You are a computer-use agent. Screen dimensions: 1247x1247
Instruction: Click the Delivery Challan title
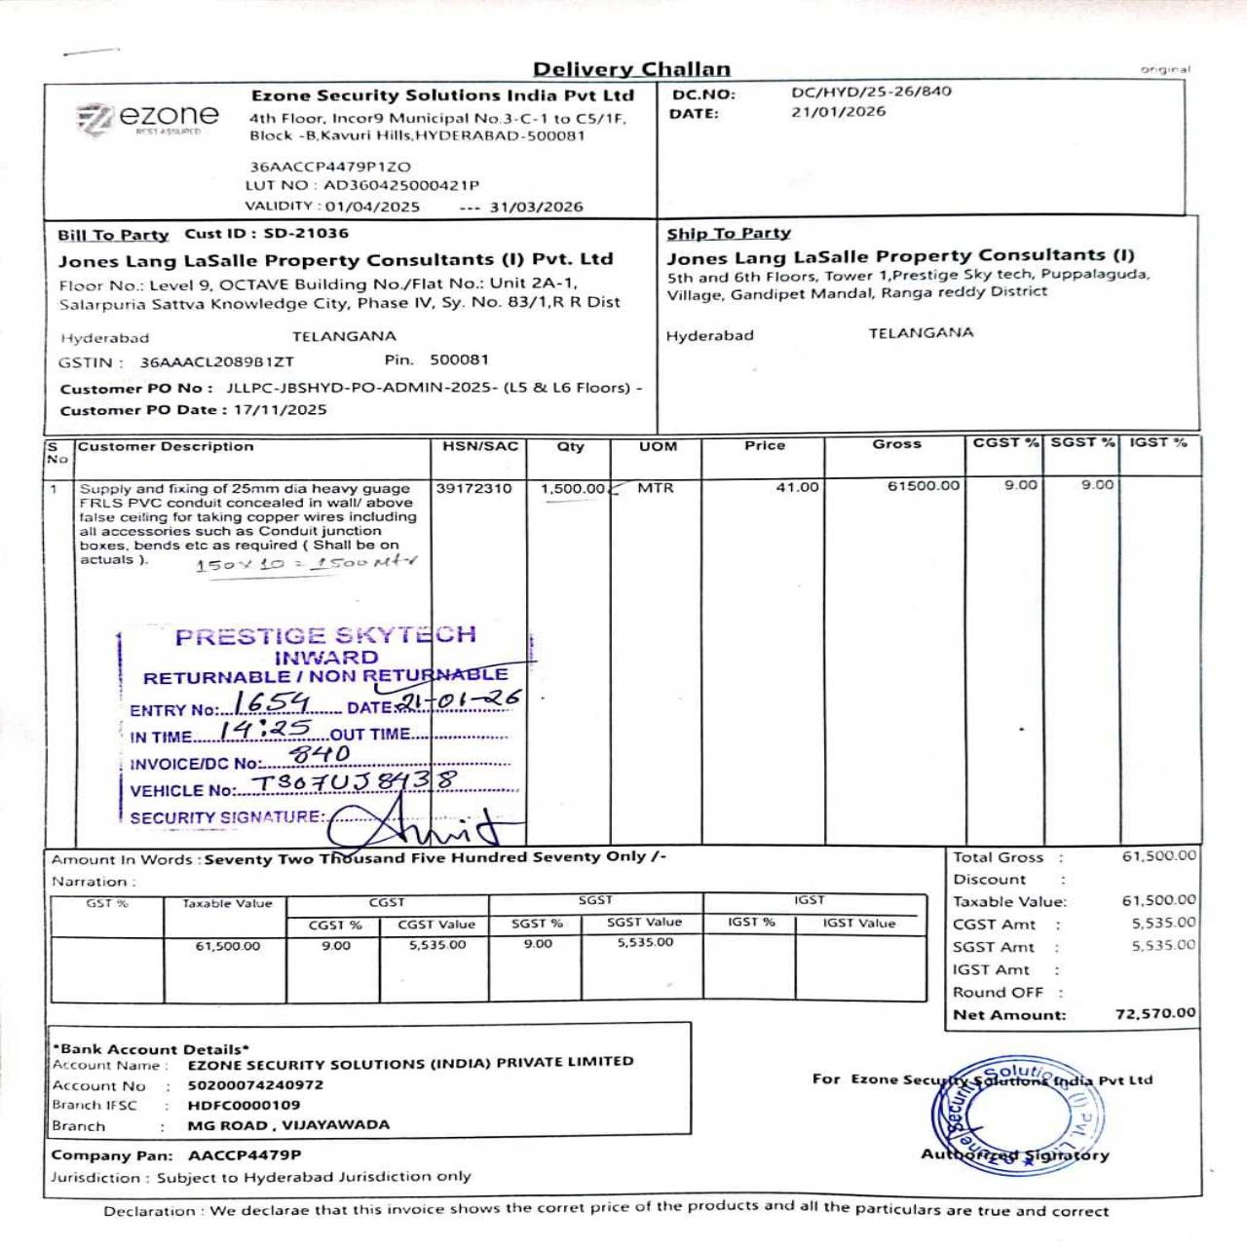tap(631, 69)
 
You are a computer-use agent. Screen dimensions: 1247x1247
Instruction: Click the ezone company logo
tap(148, 119)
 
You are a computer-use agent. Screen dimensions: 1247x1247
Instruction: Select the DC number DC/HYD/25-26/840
tap(871, 92)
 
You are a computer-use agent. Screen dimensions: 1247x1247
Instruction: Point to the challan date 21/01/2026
tap(838, 112)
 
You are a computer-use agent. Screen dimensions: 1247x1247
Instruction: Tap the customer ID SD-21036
tap(305, 234)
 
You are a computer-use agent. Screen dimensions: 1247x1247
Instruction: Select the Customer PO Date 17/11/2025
tap(281, 410)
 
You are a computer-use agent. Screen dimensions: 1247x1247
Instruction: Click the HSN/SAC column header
tap(480, 446)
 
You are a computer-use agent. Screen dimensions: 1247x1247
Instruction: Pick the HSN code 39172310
tap(473, 488)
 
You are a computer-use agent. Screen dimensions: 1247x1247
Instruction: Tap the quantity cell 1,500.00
tap(573, 488)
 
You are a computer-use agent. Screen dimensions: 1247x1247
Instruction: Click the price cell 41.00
tap(797, 487)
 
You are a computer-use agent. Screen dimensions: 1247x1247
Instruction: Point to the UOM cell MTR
tap(656, 487)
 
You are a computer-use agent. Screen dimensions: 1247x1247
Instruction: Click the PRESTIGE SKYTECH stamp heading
tap(325, 636)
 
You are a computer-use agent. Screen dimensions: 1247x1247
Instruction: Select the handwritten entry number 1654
tap(272, 702)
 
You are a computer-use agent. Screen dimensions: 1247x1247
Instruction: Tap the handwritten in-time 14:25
tap(265, 730)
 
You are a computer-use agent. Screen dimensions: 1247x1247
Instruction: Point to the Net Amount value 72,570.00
tap(1154, 1013)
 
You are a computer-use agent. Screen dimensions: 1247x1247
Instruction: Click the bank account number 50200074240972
tap(255, 1085)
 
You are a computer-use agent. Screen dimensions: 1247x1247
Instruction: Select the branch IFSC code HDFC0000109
tap(244, 1106)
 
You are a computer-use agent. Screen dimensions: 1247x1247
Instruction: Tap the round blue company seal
tap(1017, 1114)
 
